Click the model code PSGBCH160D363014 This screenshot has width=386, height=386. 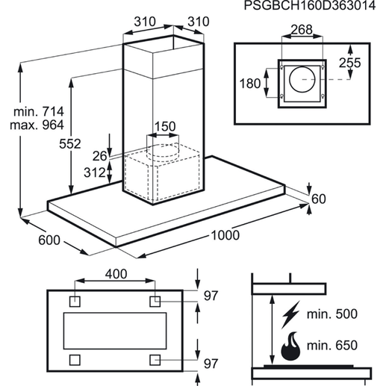[x=309, y=5]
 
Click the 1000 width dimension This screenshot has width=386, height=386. [x=225, y=235]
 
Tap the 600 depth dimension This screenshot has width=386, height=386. [x=49, y=240]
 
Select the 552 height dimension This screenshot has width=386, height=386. [x=70, y=144]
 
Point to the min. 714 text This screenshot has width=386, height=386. [x=39, y=112]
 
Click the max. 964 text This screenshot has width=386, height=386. [x=37, y=125]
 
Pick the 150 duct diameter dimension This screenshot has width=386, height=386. [x=165, y=126]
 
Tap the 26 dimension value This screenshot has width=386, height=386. [x=99, y=156]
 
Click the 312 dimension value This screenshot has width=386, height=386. [x=95, y=172]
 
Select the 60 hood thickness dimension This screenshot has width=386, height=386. [x=319, y=199]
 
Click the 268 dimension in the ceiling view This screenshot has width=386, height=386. [x=302, y=30]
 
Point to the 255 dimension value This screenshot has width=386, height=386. [x=349, y=63]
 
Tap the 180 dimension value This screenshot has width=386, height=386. [x=250, y=84]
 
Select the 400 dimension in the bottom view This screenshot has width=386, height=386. [x=116, y=274]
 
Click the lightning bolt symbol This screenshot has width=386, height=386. [x=291, y=314]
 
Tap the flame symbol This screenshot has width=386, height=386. [x=290, y=346]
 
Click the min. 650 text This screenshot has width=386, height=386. [x=332, y=346]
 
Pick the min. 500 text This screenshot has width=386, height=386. [x=332, y=314]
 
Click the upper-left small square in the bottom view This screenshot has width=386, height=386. [x=75, y=302]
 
